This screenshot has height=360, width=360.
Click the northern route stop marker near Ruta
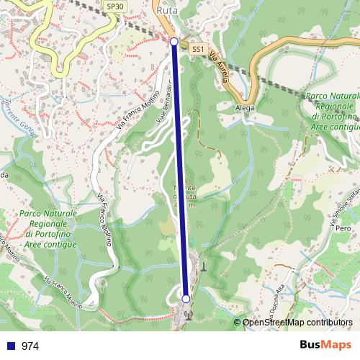[174, 42]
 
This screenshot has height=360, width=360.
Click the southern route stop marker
[186, 298]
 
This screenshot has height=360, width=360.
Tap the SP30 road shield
[114, 6]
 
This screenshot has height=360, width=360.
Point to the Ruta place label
[166, 12]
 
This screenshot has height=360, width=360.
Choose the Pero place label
[343, 228]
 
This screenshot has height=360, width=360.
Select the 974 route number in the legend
[30, 346]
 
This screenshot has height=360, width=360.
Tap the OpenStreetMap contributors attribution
[297, 323]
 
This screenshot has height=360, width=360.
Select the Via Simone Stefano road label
[343, 205]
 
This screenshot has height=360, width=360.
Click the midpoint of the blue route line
[180, 170]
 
